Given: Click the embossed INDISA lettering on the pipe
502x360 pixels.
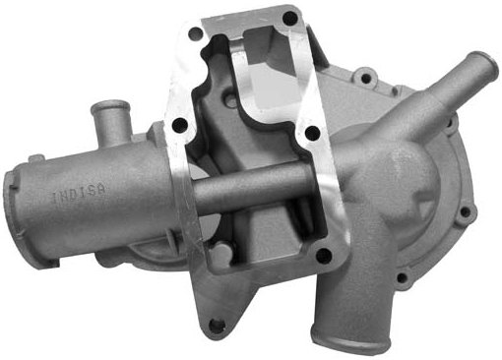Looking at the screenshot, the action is point(79,194).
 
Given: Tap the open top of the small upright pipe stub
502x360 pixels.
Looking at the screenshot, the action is point(109,107).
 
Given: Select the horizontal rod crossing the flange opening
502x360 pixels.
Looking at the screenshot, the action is point(253,187).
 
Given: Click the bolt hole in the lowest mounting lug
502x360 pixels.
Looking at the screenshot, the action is point(215,326).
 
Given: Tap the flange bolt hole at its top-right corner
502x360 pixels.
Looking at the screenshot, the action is point(290,19).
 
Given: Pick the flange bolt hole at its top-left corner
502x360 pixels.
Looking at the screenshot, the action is point(196,33).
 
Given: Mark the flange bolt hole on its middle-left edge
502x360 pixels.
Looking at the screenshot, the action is point(179,125).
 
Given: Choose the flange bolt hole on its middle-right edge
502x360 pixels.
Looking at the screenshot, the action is point(312,134).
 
